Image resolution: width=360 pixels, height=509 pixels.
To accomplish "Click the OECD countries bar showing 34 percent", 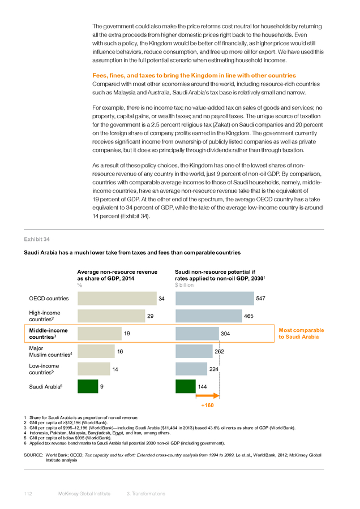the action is coord(117,298).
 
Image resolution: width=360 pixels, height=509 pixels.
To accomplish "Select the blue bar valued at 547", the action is coord(215,298).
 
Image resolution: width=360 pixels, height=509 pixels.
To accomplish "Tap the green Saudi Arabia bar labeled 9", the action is coord(88,386).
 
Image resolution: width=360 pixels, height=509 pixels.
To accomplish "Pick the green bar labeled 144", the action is coord(186,386).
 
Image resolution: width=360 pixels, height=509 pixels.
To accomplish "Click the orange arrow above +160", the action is coord(207,396).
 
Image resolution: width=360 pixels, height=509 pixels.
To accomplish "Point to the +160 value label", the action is coord(207,405).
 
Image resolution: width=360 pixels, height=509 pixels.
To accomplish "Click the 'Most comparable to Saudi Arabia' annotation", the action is coord(301,333).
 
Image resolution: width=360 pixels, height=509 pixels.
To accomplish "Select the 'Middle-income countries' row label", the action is coord(49,334).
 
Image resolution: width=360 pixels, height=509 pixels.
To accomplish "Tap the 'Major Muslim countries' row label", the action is coord(50,352).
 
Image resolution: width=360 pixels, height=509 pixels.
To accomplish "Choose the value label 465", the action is coord(248,316).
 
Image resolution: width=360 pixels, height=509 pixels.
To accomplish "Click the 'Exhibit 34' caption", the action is coord(37,239).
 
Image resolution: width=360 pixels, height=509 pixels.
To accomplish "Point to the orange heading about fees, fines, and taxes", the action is coord(194,75).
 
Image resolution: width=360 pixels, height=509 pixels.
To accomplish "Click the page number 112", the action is coord(28,494).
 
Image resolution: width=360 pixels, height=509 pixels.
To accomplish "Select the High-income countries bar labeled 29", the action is coord(111,316).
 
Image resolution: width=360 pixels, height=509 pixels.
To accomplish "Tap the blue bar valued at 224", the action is coord(191,369).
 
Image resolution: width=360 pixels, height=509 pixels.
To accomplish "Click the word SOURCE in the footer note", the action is coord(33,455).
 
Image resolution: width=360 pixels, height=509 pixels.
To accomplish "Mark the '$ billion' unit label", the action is coord(184,285).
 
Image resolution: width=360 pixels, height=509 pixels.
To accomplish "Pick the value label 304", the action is coord(225,334).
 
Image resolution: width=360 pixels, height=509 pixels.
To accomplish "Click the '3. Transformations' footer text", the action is coord(146,494).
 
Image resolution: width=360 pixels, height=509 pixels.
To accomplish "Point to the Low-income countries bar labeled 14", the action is coord(94,369).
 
